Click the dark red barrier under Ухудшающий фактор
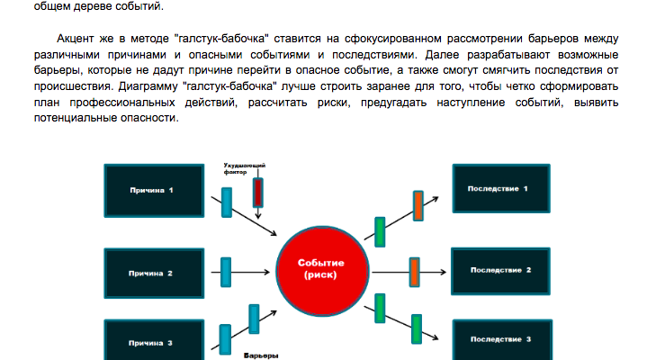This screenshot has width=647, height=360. [x=258, y=193]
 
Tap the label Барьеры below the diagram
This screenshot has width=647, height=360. [x=261, y=355]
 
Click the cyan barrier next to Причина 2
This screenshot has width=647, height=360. [x=226, y=270]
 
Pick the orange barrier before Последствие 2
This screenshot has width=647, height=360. [x=415, y=270]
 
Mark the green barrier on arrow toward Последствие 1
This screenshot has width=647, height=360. [x=380, y=231]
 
